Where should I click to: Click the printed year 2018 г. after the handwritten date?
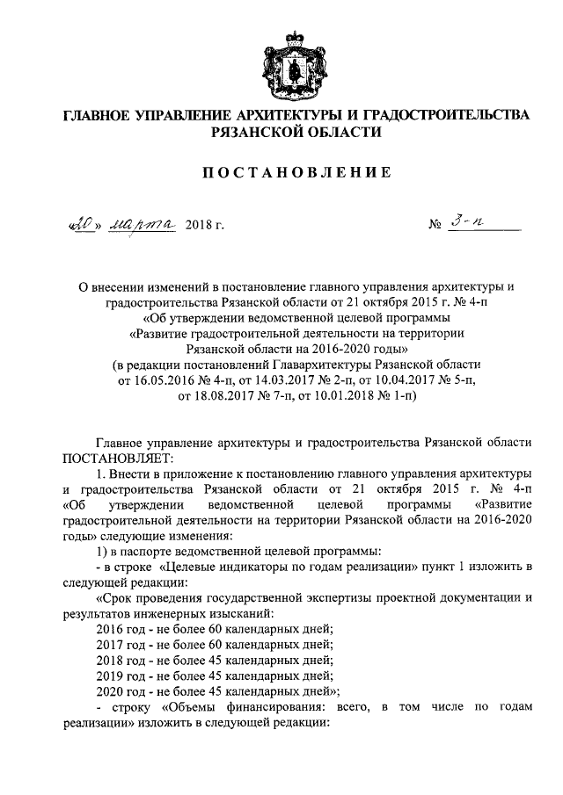point(205,228)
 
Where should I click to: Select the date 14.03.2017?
point(290,380)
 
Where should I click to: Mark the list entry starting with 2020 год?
point(208,690)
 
